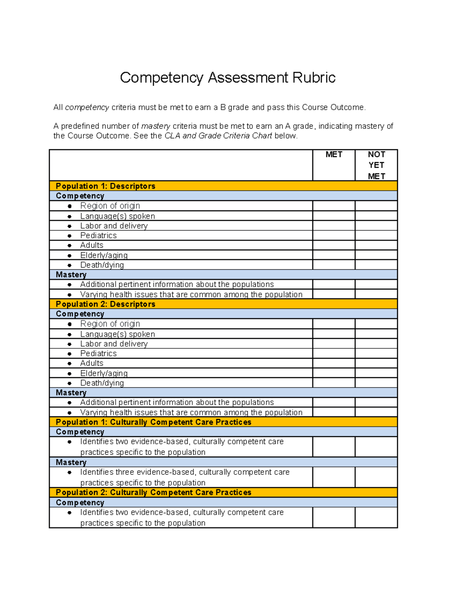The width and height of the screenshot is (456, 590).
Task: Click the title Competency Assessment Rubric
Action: (228, 78)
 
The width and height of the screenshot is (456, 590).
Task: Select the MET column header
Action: (334, 155)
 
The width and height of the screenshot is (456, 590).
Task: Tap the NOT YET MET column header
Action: (376, 165)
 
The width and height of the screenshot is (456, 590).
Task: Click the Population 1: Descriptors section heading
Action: (105, 186)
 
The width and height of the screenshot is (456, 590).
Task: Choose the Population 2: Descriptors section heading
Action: (105, 304)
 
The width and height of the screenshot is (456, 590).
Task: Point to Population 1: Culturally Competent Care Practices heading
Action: (153, 422)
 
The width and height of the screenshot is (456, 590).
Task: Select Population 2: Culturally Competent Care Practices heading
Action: (153, 492)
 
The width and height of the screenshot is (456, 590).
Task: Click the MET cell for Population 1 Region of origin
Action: (334, 206)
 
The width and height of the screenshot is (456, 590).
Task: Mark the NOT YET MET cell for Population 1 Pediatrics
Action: (376, 236)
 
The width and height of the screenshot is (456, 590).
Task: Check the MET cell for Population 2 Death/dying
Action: (334, 383)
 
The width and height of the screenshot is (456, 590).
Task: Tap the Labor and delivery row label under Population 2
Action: (114, 344)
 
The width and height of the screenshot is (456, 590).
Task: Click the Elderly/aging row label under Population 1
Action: (104, 255)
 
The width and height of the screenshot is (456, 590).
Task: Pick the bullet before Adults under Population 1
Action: (70, 245)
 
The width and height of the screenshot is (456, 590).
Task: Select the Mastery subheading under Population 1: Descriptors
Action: (71, 275)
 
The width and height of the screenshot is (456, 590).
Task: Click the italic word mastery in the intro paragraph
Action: (155, 126)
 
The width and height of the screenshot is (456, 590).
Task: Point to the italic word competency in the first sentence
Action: (87, 108)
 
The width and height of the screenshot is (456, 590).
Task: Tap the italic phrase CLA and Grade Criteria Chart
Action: (218, 136)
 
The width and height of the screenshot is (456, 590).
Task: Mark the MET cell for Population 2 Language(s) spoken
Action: (334, 334)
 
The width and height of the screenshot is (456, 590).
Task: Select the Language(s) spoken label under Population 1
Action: (117, 216)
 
